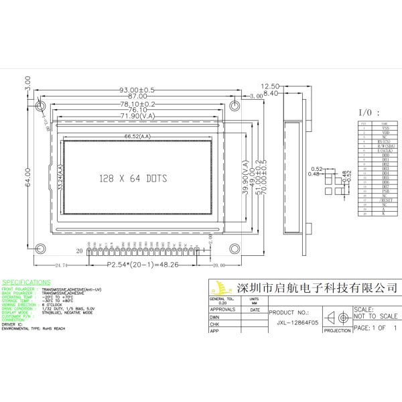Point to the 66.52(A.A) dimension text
137,137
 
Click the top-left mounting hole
41,107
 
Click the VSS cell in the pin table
385,128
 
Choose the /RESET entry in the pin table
385,200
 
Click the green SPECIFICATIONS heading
26,283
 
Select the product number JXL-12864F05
298,322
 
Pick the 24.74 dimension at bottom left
62,265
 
